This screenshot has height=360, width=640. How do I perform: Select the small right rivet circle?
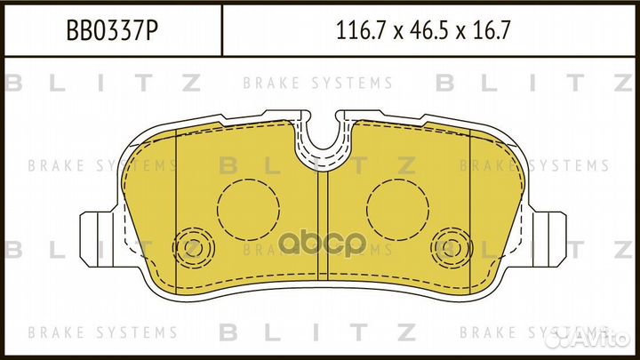point(448,244)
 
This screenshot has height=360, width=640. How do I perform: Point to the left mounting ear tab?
point(97,236)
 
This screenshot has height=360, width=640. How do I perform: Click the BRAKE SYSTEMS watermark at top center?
point(317,84)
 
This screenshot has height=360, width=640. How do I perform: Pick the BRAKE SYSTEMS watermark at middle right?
point(535,165)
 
